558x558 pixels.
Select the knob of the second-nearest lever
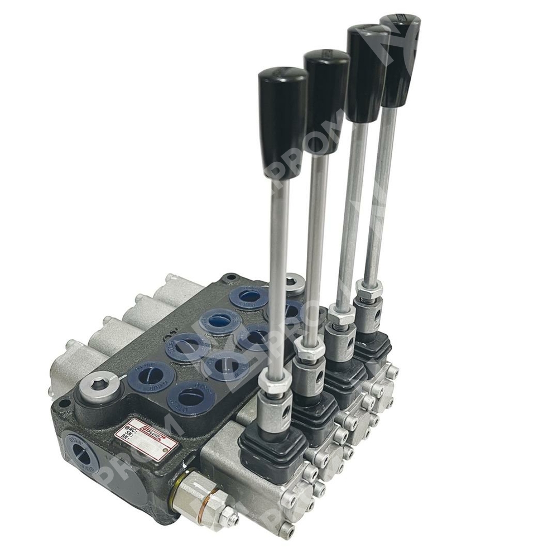click(x=326, y=100)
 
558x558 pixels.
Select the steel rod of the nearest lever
click(x=277, y=279)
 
